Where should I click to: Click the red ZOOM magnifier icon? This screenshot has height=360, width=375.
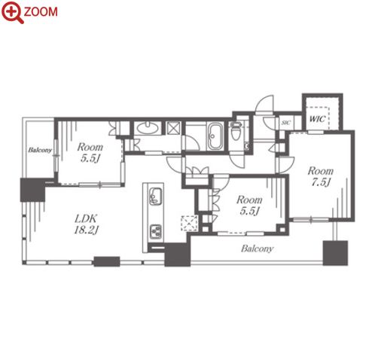pos(12,12)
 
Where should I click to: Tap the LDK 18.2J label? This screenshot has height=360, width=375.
pos(85,224)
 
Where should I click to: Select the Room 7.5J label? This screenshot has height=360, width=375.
pos(321,176)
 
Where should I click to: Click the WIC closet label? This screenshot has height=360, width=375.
pos(317,119)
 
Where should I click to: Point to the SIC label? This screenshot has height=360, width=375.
pos(286,123)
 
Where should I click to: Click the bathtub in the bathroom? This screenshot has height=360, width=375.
pos(215,136)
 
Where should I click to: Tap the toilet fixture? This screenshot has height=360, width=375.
pos(236,130)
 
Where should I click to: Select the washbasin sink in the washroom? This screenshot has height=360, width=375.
pos(148,128)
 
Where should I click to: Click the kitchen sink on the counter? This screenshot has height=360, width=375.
pos(155,196)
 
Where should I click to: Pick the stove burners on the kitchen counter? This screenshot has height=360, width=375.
pos(156,232)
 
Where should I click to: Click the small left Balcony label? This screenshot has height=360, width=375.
pos(40,150)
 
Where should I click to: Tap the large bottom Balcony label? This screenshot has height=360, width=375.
pos(257,249)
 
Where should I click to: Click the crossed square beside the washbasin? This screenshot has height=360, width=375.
pos(174,127)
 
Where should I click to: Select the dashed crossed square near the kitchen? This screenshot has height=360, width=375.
pos(190,223)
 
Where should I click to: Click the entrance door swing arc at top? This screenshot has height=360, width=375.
pos(264,103)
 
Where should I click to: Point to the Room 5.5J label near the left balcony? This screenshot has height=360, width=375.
pos(90,152)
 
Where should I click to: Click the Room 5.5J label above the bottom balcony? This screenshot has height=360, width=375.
pos(249,206)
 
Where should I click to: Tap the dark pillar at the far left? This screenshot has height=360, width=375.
pos(32,190)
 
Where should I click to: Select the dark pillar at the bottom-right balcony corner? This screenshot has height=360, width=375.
pos(335,253)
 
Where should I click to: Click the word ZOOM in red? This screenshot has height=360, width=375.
pos(41,12)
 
